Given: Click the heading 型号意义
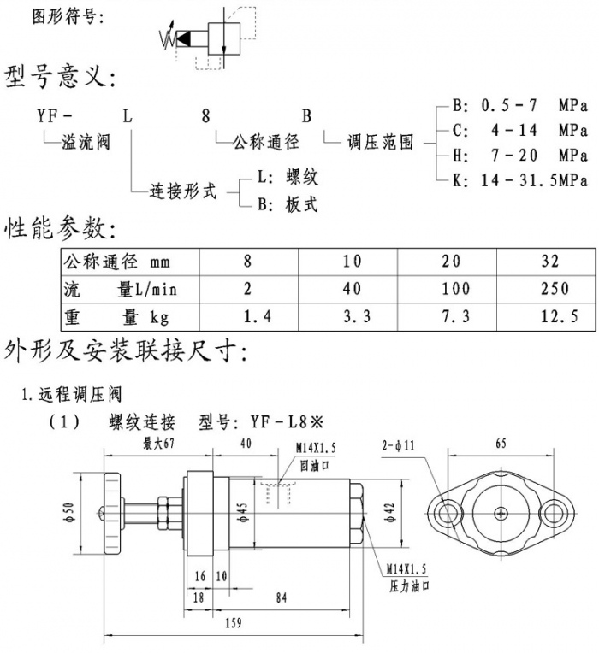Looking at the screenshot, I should click(x=58, y=78).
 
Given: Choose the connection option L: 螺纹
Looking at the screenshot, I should click(x=288, y=178).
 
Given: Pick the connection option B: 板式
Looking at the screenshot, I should click(x=288, y=204).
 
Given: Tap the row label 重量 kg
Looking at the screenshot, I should click(x=116, y=317).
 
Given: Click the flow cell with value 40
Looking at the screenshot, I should click(x=352, y=289).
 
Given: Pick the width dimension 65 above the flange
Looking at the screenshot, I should click(x=500, y=444).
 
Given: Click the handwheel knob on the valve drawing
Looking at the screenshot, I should click(x=112, y=514).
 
